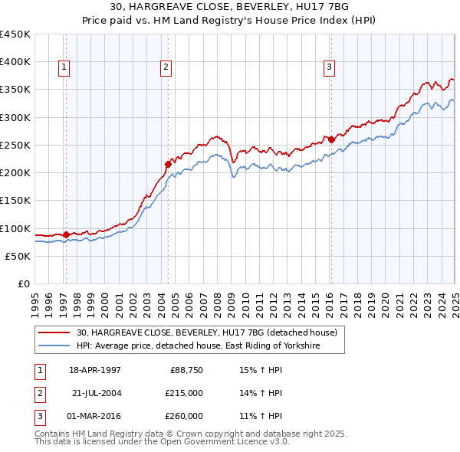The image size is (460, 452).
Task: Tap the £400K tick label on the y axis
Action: click(x=15, y=62)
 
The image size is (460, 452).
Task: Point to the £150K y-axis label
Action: click(x=15, y=201)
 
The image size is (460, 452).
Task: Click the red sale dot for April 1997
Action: click(x=67, y=234)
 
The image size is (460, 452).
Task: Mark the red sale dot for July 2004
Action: click(x=168, y=164)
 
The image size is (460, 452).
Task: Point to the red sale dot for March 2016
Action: click(x=331, y=139)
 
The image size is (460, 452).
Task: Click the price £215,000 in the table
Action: click(x=183, y=394)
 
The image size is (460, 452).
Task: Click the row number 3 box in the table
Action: click(x=38, y=416)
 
